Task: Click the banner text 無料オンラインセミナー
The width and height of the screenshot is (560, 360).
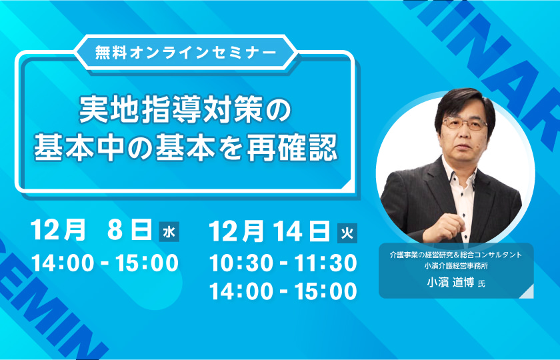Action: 186,53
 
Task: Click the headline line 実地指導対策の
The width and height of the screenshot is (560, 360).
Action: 185,109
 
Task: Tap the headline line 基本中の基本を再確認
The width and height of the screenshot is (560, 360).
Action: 185,147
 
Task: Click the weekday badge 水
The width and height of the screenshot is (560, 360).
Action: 169,232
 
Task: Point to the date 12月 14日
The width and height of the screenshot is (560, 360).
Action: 269,231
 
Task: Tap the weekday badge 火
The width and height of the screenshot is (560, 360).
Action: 347,233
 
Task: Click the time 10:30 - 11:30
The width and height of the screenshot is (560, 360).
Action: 283,263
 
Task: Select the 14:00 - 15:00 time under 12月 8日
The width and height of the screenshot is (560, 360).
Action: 105,263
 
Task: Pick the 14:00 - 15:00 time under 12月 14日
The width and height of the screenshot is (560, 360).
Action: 283,291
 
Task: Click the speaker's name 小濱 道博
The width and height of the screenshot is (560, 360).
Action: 451,283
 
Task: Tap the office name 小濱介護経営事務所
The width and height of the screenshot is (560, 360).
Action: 456,266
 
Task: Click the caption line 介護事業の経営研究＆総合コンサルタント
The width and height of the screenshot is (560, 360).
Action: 456,255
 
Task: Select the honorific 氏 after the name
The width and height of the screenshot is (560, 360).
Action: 481,284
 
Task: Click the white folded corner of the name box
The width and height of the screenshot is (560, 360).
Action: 529,293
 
